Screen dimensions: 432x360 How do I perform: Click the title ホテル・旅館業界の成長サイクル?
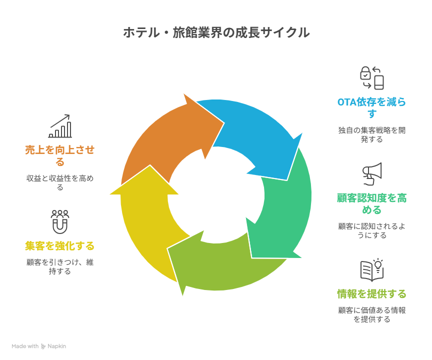pyautogui.click(x=216, y=32)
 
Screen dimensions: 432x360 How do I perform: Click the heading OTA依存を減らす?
pyautogui.click(x=371, y=107)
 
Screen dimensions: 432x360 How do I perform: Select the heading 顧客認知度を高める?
pyautogui.click(x=371, y=204)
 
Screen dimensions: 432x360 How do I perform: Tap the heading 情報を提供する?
pyautogui.click(x=371, y=294)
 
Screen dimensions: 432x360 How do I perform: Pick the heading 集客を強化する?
pyautogui.click(x=60, y=245)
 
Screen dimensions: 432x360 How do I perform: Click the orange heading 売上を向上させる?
pyautogui.click(x=60, y=155)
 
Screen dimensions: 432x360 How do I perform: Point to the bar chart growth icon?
pyautogui.click(x=60, y=126)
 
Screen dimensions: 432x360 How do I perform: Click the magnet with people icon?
pyautogui.click(x=60, y=221)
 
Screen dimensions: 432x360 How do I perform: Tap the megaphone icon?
pyautogui.click(x=372, y=174)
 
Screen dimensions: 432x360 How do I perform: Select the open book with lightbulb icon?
pyautogui.click(x=372, y=270)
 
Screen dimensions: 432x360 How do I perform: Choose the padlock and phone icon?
pyautogui.click(x=372, y=78)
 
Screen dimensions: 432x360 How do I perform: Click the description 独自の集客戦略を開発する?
pyautogui.click(x=371, y=134)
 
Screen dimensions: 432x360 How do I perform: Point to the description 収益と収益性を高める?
pyautogui.click(x=60, y=183)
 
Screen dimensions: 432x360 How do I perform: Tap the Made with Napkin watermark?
pyautogui.click(x=39, y=346)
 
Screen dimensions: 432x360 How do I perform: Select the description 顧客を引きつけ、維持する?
pyautogui.click(x=60, y=266)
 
